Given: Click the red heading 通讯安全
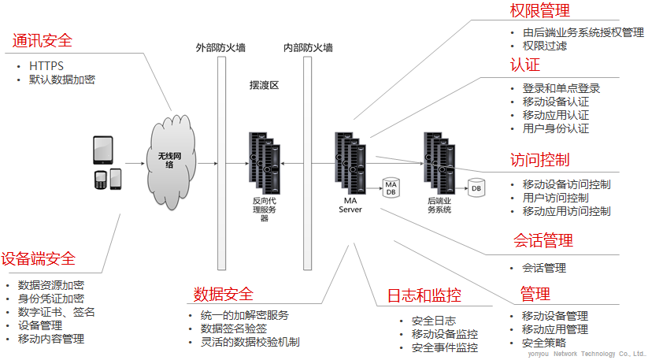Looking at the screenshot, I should pos(42,41).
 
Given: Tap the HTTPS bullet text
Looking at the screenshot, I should pos(47,65).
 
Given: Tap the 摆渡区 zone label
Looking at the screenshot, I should pos(264,85).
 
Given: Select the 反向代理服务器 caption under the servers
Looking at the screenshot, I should pos(264,210).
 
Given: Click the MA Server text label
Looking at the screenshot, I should pos(350,205).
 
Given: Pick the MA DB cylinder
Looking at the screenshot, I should pos(391,188).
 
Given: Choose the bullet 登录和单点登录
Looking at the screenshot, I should pos(561,88).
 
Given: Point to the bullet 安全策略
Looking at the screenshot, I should pos(544,343).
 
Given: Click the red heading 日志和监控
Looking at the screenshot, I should pos(424,296).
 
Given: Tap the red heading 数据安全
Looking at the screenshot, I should pos(224,295).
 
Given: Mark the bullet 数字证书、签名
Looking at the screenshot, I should pos(56,312).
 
